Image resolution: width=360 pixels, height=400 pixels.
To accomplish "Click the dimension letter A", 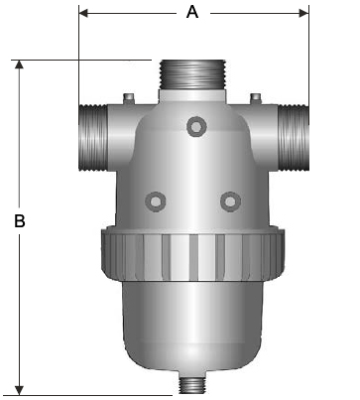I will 192,13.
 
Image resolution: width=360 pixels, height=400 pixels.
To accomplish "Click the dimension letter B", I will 19,221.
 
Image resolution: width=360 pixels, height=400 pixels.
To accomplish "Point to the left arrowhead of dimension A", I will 83,13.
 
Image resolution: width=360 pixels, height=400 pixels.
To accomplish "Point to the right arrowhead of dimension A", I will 302,13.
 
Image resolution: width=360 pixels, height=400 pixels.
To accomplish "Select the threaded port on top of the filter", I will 192,73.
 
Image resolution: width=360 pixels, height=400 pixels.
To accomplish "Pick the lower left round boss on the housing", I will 156,200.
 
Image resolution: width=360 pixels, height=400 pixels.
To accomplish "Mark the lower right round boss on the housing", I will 230,200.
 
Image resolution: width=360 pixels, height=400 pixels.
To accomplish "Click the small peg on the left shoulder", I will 128,97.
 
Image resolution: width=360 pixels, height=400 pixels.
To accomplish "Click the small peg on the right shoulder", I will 256,97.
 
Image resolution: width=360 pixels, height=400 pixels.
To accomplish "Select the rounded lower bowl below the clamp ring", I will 192,323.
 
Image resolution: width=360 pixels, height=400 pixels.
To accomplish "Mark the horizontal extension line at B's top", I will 79,60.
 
